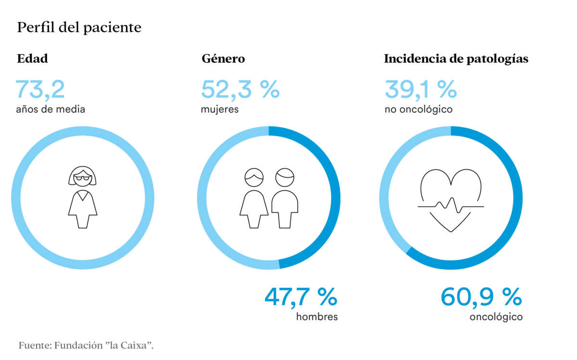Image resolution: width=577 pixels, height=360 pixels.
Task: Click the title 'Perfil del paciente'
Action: point(79,28)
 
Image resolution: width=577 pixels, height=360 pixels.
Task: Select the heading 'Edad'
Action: point(32,59)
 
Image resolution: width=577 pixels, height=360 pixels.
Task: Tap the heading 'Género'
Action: point(223,59)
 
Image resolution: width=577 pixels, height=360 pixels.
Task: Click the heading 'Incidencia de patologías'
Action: point(456,59)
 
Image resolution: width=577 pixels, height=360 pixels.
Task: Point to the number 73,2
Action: point(40,89)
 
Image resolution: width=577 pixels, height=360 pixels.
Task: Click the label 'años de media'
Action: point(50,110)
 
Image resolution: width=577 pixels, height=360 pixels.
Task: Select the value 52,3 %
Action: point(240,89)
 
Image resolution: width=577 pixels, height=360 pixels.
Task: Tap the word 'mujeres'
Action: point(220,110)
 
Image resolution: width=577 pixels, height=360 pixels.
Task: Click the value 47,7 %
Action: point(301,297)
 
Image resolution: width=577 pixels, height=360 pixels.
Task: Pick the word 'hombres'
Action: point(317,317)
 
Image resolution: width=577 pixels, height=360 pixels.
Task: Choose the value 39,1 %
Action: point(420,89)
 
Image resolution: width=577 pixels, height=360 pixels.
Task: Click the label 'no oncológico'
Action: point(418,110)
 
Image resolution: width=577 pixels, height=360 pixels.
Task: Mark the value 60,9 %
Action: point(481,297)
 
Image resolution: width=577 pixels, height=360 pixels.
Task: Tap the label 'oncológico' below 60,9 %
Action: point(496,317)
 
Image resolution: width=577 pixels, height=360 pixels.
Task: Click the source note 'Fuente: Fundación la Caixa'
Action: point(86,345)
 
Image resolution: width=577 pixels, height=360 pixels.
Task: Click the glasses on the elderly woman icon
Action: point(83,179)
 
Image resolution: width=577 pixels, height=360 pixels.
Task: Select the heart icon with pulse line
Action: point(451,199)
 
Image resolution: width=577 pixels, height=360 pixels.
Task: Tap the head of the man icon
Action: point(285,178)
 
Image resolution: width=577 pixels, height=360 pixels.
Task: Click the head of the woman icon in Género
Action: point(254,178)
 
